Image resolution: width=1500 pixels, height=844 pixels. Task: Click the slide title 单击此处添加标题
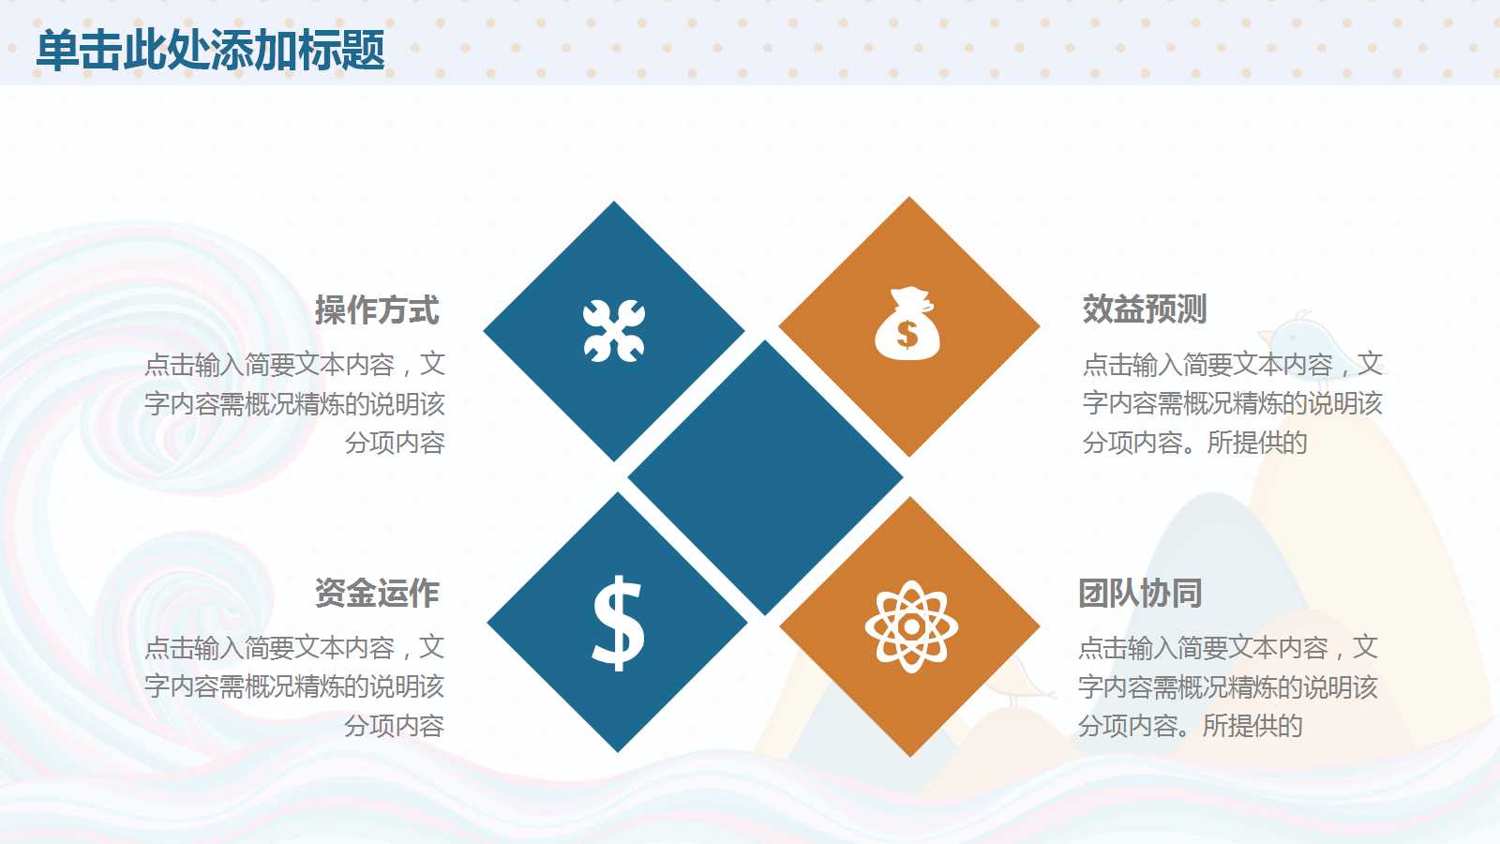coord(210,50)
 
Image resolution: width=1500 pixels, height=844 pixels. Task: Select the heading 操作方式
coord(377,310)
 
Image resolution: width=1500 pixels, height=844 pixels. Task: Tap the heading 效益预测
coord(1144,309)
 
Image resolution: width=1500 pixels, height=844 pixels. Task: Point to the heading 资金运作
coord(377,593)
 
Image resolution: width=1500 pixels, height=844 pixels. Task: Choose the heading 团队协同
coord(1139,594)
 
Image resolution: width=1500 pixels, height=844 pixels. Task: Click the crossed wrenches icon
coord(614,330)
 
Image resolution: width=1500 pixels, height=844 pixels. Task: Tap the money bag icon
coord(907,324)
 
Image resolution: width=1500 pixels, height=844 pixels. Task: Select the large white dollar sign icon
coord(618,622)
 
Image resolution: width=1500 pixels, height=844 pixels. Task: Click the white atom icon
coord(911,626)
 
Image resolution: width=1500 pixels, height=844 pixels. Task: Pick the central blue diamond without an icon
coord(765,477)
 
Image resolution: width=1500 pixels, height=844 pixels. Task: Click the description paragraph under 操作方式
coord(295,403)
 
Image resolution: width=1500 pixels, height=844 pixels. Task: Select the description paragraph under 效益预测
coord(1232,403)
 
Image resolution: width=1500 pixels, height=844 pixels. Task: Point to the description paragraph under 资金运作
coord(295,686)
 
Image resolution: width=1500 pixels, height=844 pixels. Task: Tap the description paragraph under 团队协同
coord(1228,686)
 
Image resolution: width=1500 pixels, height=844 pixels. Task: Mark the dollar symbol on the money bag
coord(907,334)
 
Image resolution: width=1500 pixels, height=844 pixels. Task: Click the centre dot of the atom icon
coord(911,626)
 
